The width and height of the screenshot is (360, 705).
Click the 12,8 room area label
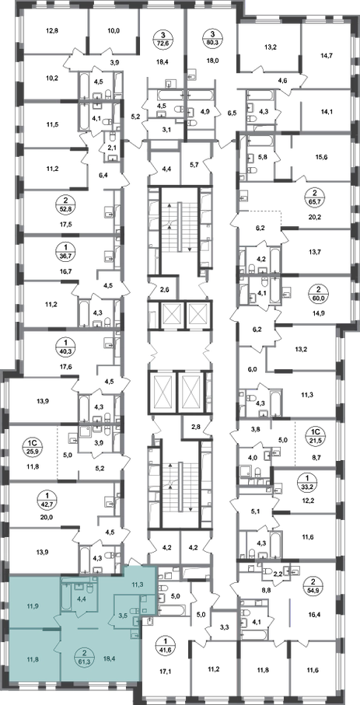(x=53, y=31)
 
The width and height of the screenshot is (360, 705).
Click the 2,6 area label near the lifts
(x=164, y=289)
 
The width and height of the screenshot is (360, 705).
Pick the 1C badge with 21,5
(x=313, y=437)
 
